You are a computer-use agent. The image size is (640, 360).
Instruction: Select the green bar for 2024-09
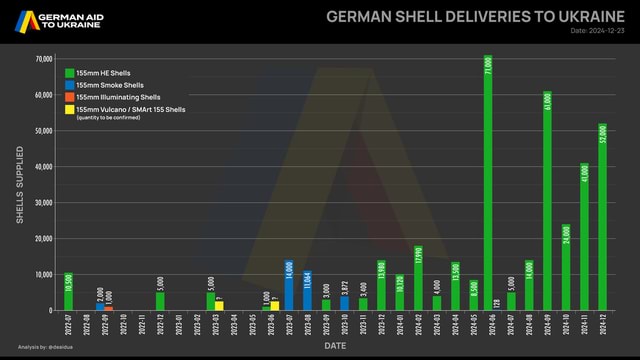(547, 200)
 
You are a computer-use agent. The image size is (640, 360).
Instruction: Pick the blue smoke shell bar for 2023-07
(288, 285)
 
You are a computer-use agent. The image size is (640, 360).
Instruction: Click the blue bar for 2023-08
(307, 290)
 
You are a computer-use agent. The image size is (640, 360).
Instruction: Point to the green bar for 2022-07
(68, 291)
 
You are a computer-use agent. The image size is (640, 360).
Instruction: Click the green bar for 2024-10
(565, 266)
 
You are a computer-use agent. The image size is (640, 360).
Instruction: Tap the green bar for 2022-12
(160, 300)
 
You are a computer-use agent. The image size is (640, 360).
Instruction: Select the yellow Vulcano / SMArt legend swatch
(69, 109)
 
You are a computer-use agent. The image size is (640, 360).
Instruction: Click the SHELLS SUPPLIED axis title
(20, 184)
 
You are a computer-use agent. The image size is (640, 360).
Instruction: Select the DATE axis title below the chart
(336, 345)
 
